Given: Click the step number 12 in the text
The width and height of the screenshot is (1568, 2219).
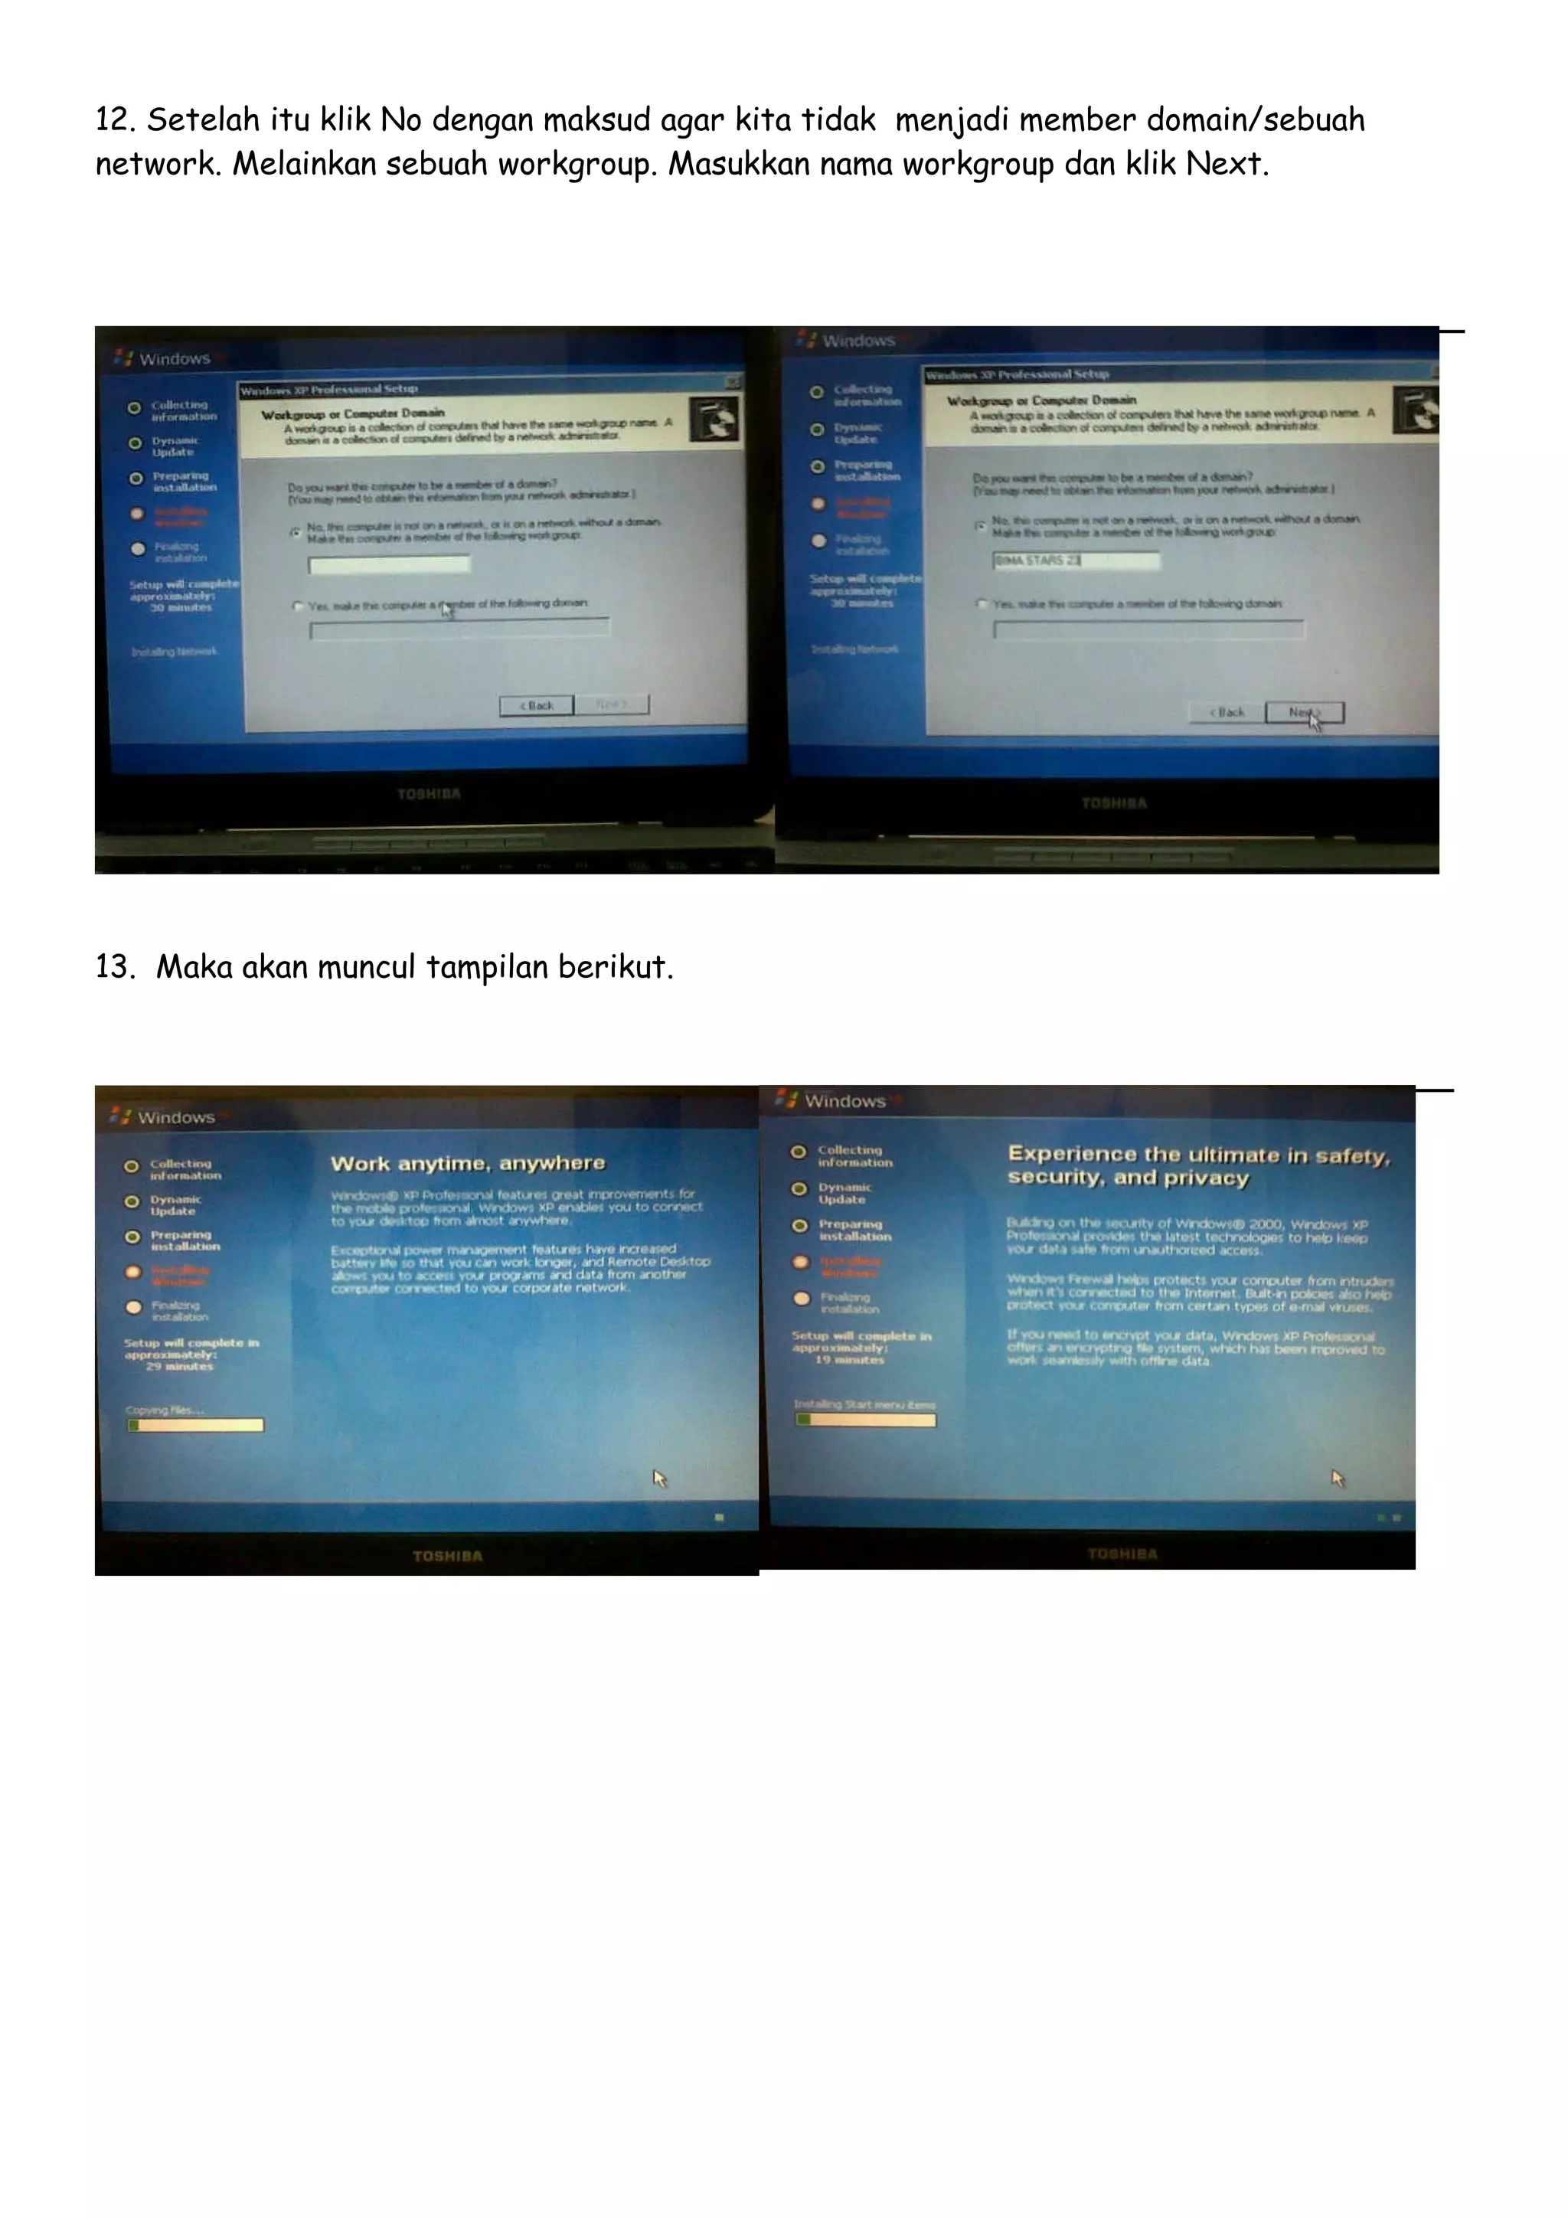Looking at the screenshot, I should click(x=113, y=121).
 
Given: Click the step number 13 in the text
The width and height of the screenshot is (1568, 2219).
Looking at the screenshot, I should click(x=113, y=967).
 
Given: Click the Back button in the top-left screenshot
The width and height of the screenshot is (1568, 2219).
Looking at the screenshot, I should click(x=536, y=705).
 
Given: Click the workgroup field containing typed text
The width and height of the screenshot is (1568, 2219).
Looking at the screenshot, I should click(x=1075, y=560).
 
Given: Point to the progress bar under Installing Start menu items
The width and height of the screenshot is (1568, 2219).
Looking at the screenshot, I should click(x=864, y=1420).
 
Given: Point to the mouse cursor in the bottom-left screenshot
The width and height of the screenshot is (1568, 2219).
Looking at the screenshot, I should click(x=660, y=1478).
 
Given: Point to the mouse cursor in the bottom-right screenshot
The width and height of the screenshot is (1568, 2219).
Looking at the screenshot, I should click(x=1337, y=1478).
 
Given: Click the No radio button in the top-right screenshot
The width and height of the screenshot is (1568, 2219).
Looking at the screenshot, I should click(x=980, y=525).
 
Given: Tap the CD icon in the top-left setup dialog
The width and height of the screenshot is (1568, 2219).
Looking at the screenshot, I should click(x=715, y=419).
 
